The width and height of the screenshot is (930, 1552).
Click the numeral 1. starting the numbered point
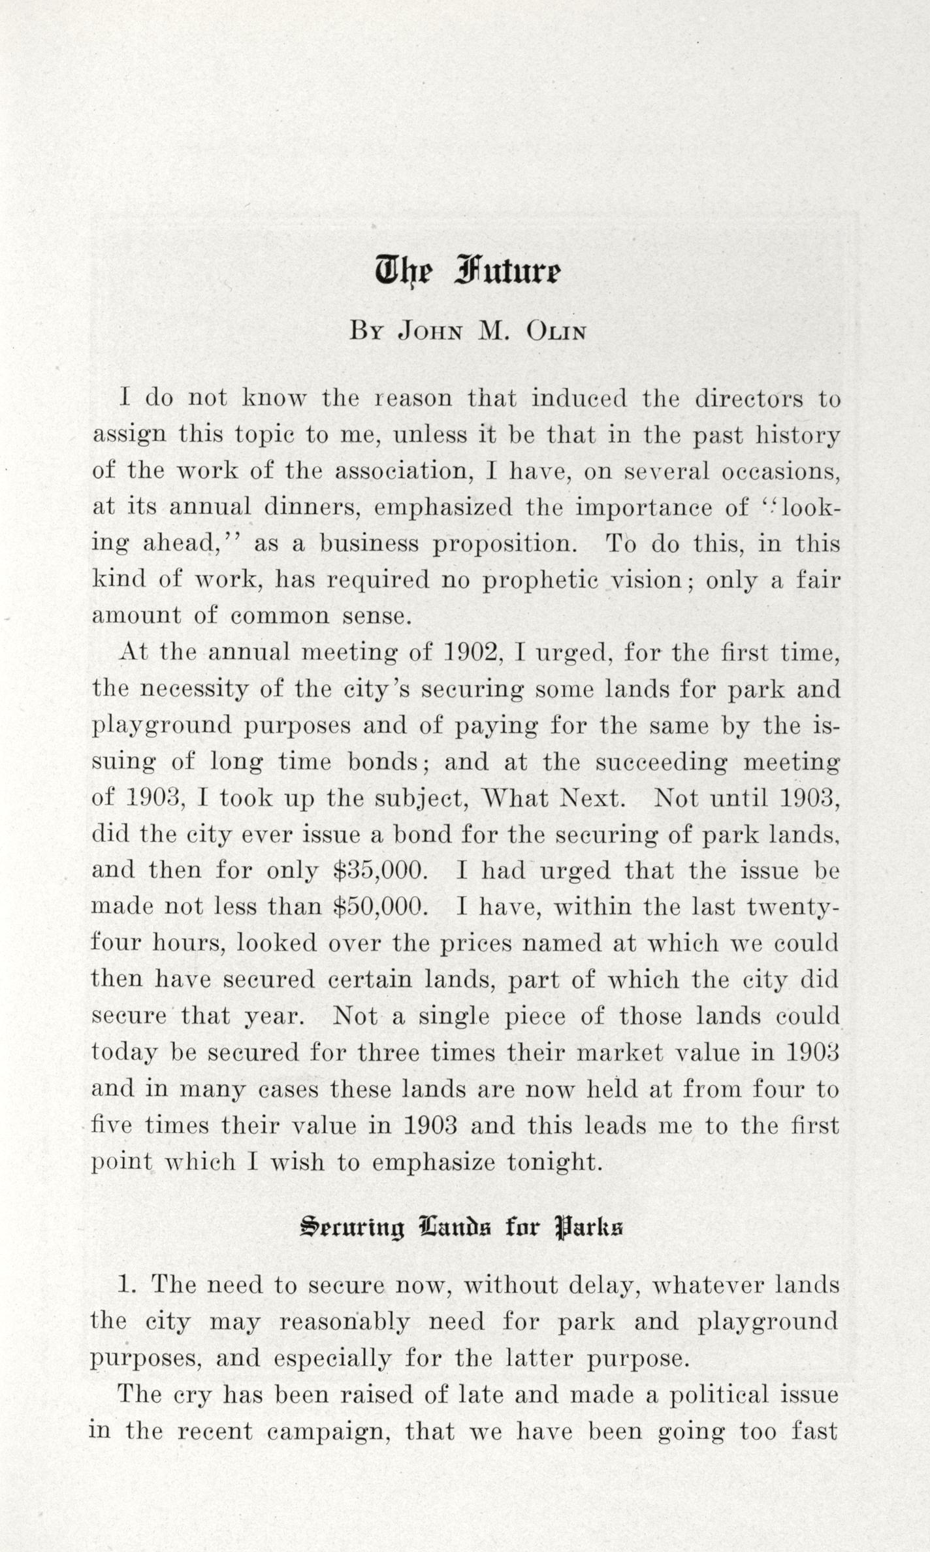tap(127, 1285)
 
